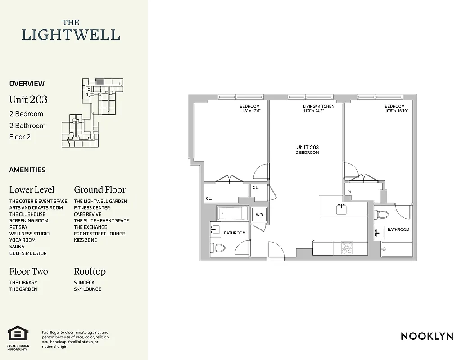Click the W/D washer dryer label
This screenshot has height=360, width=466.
click(x=259, y=215)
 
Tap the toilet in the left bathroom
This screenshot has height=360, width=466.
click(x=219, y=247)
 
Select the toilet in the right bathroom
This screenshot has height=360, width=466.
click(x=383, y=214)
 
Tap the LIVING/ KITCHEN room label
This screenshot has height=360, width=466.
click(x=319, y=106)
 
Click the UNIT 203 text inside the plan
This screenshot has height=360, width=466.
click(x=308, y=148)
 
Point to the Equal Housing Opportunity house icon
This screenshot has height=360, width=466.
click(x=18, y=334)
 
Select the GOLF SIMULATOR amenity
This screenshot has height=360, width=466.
click(x=28, y=253)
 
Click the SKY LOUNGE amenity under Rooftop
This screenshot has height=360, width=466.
click(x=87, y=289)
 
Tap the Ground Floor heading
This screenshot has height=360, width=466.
click(x=100, y=189)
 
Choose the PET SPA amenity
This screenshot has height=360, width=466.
click(x=18, y=227)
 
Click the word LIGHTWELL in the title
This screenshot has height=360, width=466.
click(x=71, y=35)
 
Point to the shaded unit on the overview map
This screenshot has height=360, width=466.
click(x=100, y=81)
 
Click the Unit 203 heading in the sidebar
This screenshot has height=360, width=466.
click(x=28, y=99)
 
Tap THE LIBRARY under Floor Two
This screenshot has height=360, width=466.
click(x=23, y=283)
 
